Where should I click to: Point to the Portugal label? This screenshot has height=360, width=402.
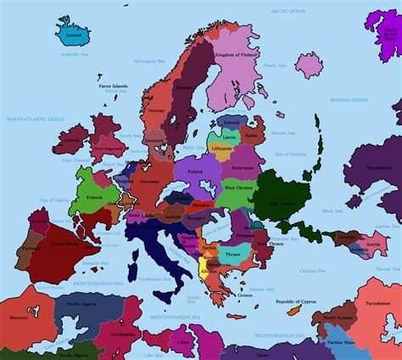click(x=31, y=249)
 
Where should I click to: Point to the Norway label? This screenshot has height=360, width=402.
click(x=155, y=110)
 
